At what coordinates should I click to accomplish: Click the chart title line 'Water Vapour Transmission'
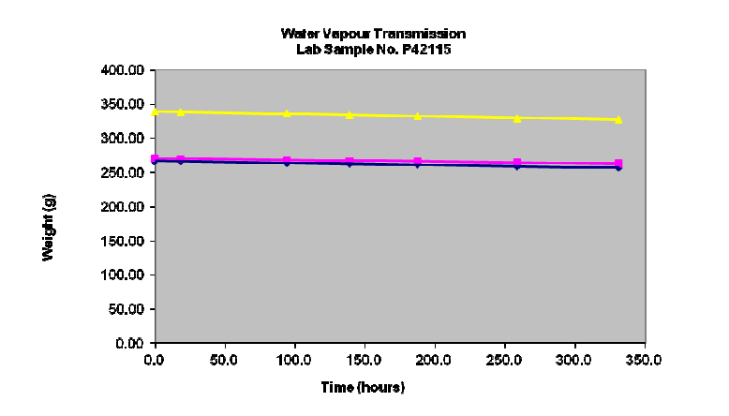click(x=372, y=34)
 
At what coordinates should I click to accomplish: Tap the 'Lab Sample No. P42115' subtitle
click(x=372, y=49)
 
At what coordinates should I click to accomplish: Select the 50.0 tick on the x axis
click(x=224, y=359)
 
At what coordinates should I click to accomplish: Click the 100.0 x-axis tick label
click(x=294, y=359)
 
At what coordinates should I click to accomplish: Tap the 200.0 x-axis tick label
click(x=434, y=359)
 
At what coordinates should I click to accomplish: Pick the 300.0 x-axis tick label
click(x=573, y=359)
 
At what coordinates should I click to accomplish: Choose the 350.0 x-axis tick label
click(x=644, y=359)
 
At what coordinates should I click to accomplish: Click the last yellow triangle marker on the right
click(x=618, y=120)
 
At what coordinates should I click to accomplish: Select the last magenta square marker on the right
click(x=618, y=163)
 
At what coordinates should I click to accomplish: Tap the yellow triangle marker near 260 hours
click(x=517, y=118)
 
